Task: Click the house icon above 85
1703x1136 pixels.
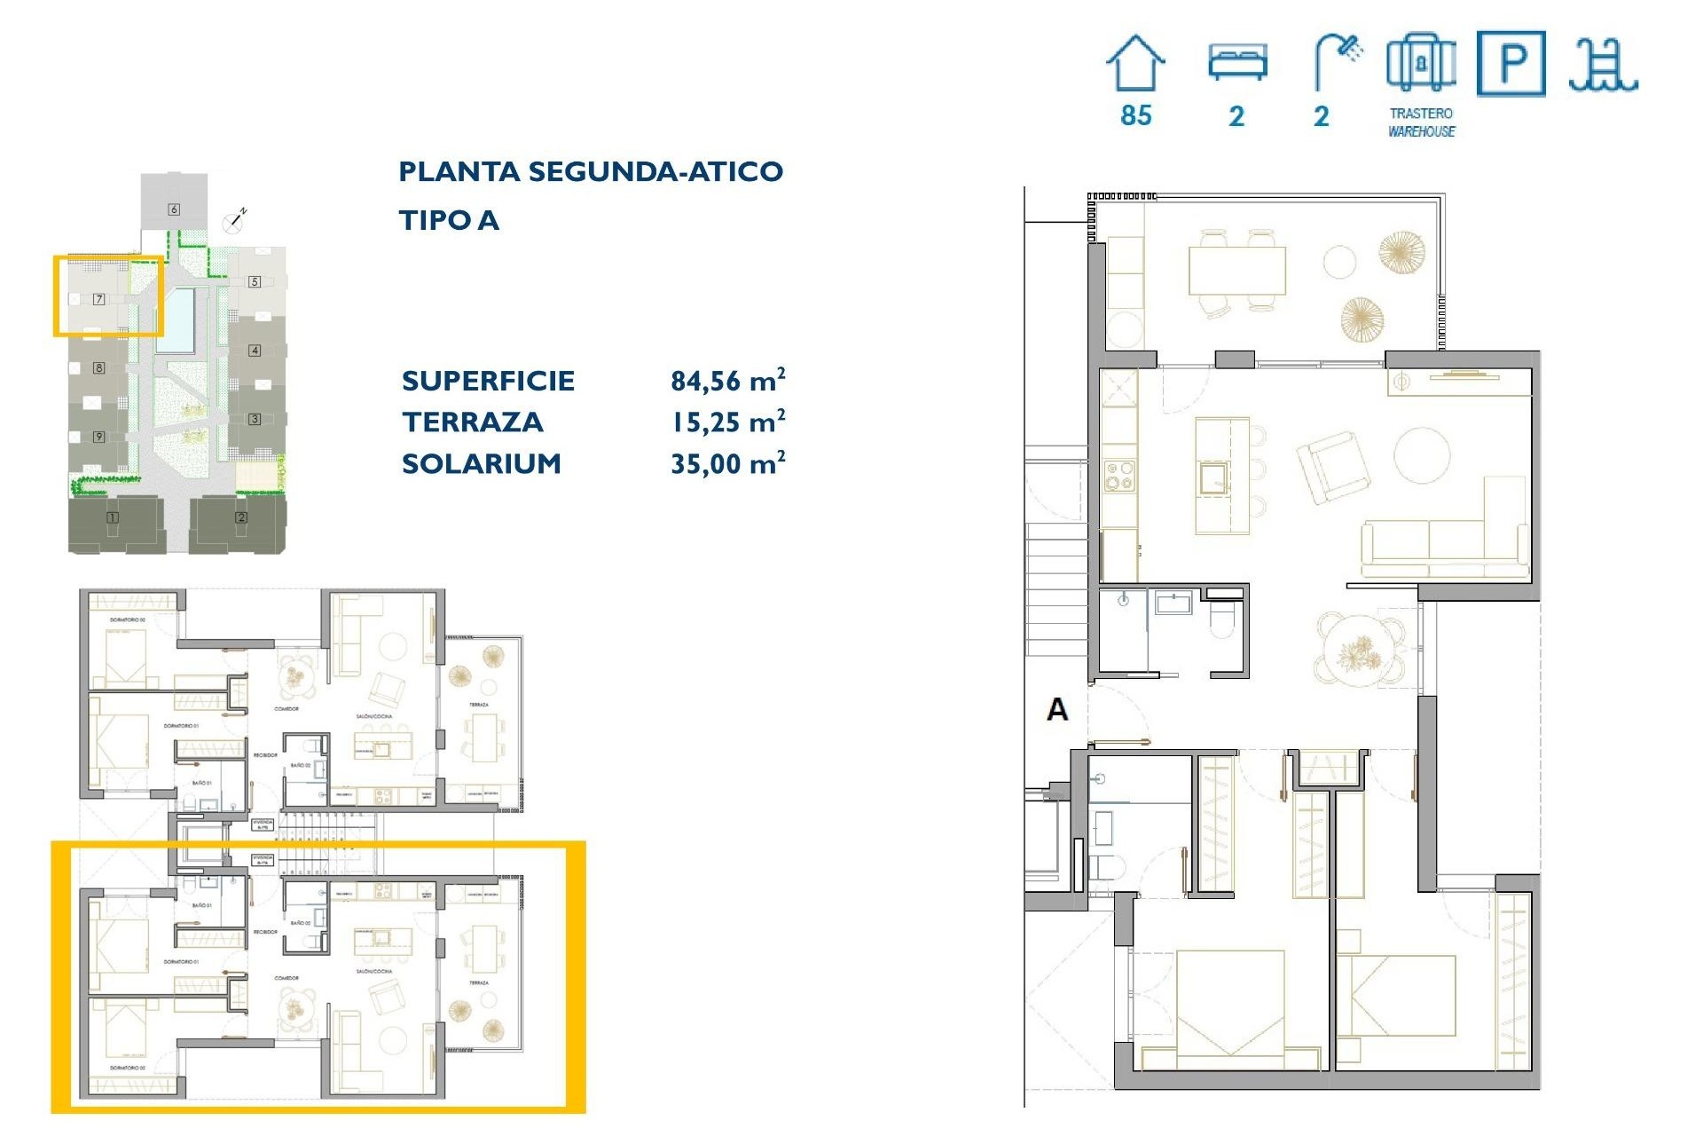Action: [x=1135, y=63]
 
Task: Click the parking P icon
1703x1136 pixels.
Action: [x=1511, y=64]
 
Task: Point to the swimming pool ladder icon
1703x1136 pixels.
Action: [x=1602, y=66]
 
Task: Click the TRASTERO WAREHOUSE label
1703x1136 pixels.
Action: [x=1421, y=122]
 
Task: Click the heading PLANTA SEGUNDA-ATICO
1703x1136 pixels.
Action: [x=591, y=171]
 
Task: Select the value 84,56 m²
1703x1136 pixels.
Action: [x=727, y=381]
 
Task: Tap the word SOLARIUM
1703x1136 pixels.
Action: [x=482, y=463]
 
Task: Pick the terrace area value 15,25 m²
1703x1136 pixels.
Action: [x=727, y=422]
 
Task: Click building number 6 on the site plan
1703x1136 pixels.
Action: [x=174, y=209]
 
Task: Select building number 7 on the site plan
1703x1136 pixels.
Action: [x=99, y=300]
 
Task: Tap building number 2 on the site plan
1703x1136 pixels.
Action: [x=241, y=517]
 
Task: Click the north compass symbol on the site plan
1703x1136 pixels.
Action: [x=236, y=220]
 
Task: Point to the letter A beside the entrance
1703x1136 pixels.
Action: [x=1057, y=710]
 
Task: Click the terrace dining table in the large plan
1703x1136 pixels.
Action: [x=1236, y=271]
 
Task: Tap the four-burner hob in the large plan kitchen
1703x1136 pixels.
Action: [x=1118, y=475]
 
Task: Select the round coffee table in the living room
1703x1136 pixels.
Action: [x=1422, y=455]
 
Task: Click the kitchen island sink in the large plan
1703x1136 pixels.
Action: [x=1214, y=477]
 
